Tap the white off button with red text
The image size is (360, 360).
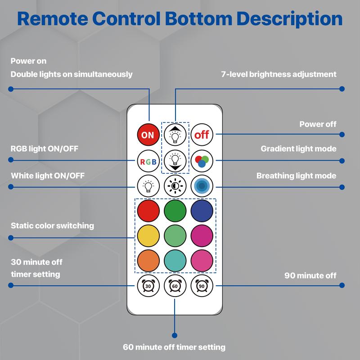coord(202,135)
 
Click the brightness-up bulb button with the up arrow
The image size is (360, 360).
coord(175,134)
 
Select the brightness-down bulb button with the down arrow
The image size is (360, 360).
coord(175,160)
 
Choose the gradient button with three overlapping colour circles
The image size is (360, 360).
coord(202,161)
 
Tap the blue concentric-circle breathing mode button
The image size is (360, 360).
coord(202,185)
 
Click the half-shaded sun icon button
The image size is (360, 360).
coord(175,185)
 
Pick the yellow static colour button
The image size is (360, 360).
coord(148,235)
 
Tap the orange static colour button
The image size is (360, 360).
coord(148,261)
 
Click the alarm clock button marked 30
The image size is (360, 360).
coord(148,285)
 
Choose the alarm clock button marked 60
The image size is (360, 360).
coord(175,285)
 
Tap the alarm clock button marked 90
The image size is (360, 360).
coord(202,285)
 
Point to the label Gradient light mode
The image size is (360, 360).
coord(298,149)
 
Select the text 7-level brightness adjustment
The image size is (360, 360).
coord(279,74)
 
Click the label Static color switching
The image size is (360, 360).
coord(52,225)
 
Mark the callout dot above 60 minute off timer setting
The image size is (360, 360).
coord(175,335)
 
